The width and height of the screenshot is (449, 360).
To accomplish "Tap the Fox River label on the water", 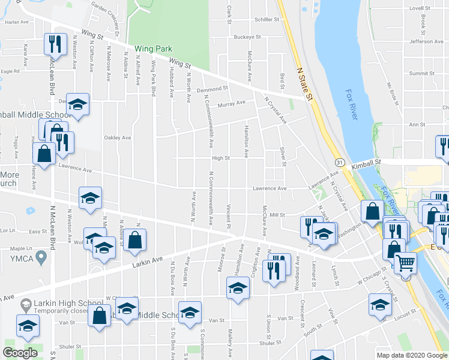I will tap(352, 105).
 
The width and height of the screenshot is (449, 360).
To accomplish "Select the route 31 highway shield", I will tap(340, 163).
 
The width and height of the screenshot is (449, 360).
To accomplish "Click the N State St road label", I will tap(306, 83).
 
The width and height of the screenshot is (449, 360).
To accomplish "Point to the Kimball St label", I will tap(367, 162).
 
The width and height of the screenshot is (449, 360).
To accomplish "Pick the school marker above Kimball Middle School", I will tap(77, 104).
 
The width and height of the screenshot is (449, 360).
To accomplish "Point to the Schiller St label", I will tap(267, 19).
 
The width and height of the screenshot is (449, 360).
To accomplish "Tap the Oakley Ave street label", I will tap(118, 137).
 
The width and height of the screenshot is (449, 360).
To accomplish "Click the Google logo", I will tap(20, 353).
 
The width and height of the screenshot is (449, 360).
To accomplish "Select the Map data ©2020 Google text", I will tap(411, 355).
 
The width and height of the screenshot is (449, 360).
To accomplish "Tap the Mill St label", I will tap(276, 214).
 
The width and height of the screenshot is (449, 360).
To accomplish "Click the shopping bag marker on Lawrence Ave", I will tap(44, 153).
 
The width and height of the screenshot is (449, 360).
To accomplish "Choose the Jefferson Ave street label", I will tap(426, 41).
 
